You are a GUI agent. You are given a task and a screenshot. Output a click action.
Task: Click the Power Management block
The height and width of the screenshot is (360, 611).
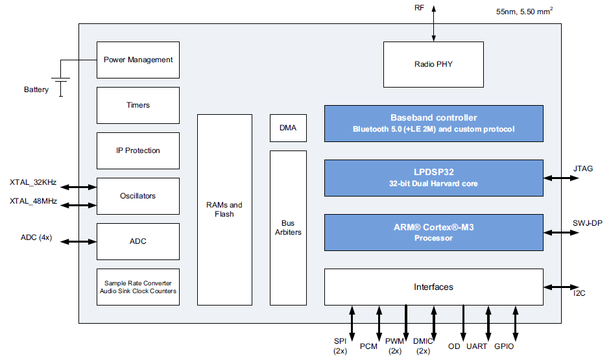(x=138, y=60)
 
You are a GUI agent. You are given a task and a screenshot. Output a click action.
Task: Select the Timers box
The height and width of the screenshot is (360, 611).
(x=138, y=105)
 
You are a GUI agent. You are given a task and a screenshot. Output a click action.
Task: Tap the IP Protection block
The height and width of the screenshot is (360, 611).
(x=138, y=150)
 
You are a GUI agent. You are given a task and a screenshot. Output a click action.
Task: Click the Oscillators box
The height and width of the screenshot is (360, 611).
(x=138, y=196)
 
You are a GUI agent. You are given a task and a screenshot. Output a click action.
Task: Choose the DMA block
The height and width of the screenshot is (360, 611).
(x=288, y=128)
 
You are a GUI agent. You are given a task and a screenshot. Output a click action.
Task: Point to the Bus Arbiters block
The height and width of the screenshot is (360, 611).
(x=288, y=228)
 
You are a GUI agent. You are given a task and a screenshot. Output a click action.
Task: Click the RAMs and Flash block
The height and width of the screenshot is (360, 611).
(x=224, y=210)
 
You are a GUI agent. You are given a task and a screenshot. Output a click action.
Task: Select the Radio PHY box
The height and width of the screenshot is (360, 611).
(x=433, y=64)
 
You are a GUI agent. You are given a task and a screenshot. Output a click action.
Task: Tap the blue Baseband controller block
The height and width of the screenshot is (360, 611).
(x=433, y=123)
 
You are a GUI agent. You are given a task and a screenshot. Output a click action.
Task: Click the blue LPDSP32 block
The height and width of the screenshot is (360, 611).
(x=433, y=178)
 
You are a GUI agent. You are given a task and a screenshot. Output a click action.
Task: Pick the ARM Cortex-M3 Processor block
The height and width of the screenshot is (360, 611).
(x=433, y=233)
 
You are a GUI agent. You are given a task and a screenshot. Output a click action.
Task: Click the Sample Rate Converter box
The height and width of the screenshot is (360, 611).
(x=138, y=287)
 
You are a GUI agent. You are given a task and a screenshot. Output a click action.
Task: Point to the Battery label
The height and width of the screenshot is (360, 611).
(x=36, y=90)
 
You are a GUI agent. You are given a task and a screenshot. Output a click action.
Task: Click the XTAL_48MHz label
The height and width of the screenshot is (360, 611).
(x=33, y=201)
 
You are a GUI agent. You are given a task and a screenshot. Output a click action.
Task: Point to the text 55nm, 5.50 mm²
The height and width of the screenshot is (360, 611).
(x=526, y=11)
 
